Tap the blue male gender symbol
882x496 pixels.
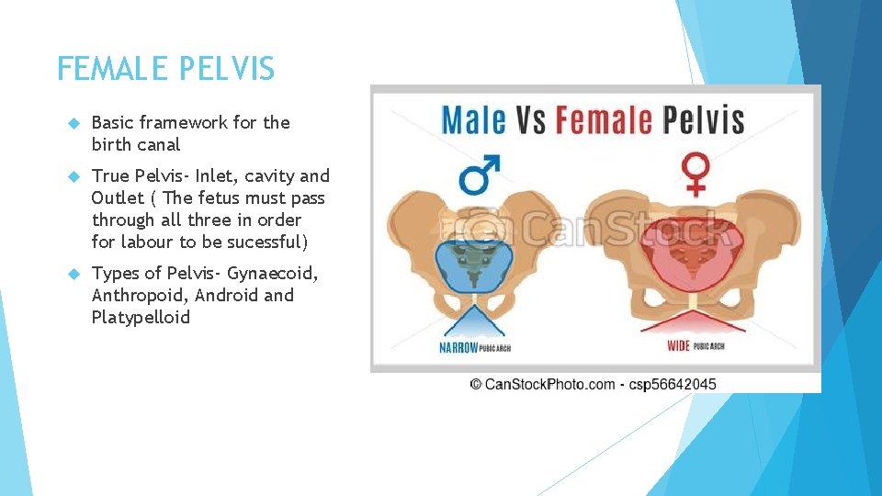[x=479, y=175]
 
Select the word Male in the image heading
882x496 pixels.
[x=474, y=120]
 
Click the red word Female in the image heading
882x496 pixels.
[x=604, y=120]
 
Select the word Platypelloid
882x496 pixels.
[x=141, y=317]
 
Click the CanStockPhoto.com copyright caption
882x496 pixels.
[x=543, y=384]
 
